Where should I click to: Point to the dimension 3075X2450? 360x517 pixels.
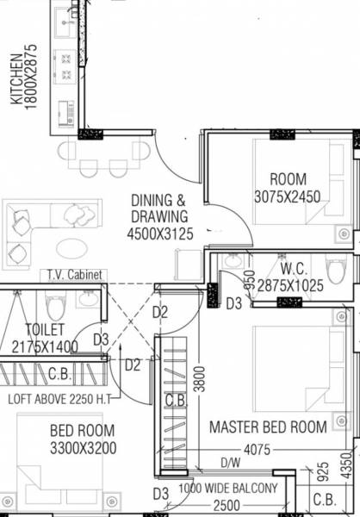pyautogui.click(x=287, y=197)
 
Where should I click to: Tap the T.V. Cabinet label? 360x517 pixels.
pyautogui.click(x=75, y=275)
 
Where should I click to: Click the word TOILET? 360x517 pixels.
pyautogui.click(x=46, y=329)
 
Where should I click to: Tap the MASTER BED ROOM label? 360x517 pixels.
pyautogui.click(x=269, y=427)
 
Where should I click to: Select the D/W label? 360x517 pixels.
pyautogui.click(x=230, y=462)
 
